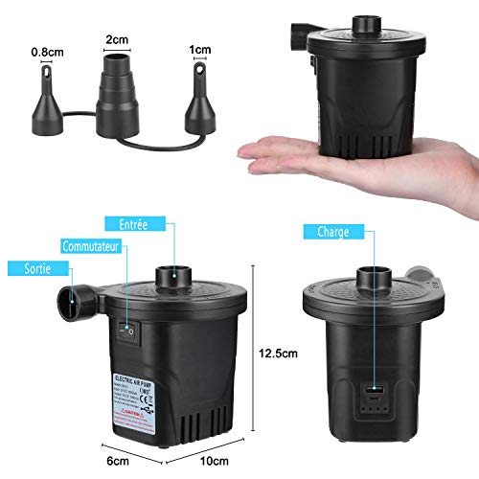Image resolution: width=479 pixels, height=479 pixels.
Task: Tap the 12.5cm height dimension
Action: tap(281, 352)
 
